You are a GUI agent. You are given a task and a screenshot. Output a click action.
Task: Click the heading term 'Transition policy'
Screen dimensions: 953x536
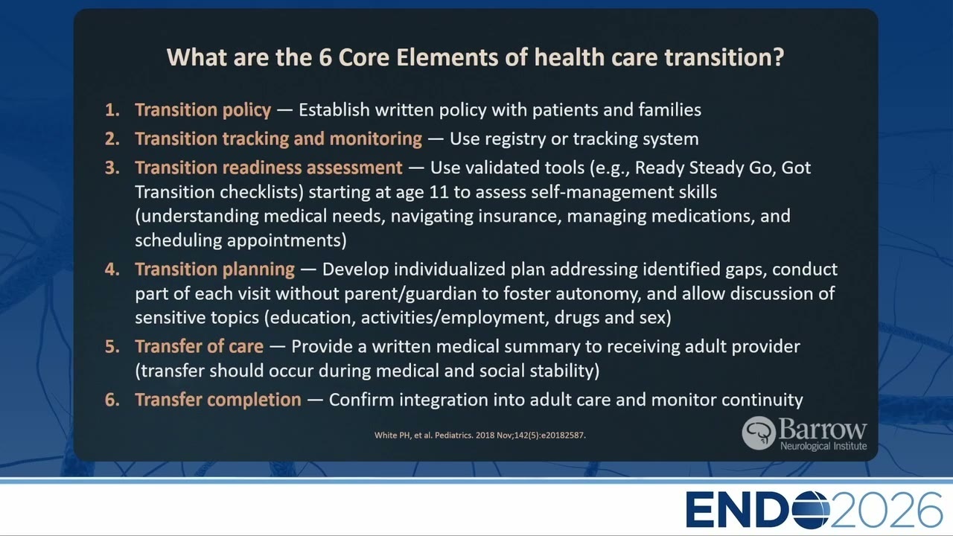coord(203,110)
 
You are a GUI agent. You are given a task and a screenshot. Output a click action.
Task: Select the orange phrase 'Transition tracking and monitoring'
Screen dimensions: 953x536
coord(278,139)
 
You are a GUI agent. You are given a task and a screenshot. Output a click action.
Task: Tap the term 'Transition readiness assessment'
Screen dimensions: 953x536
coord(269,168)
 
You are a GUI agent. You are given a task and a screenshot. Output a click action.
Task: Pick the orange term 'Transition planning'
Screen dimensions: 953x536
coord(215,269)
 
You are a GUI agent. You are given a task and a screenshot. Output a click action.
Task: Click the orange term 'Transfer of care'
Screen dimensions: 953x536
coord(199,346)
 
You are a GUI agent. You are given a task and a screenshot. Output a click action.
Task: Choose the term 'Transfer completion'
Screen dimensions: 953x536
coord(218,400)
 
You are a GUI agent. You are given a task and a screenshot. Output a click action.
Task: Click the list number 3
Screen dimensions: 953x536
coord(112,168)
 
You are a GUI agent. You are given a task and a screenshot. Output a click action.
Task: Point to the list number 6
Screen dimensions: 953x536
coord(112,400)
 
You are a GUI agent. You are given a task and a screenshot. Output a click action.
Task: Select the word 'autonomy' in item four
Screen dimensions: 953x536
coord(598,294)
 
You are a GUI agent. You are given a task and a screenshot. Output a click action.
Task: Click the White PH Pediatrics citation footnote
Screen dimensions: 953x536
coord(480,435)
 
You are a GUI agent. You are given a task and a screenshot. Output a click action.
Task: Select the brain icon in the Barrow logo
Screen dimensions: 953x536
coord(759,433)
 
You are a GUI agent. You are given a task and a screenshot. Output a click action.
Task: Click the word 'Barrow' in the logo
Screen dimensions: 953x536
coord(823,430)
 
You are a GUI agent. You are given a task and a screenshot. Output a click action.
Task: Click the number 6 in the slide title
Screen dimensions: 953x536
coord(325,57)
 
